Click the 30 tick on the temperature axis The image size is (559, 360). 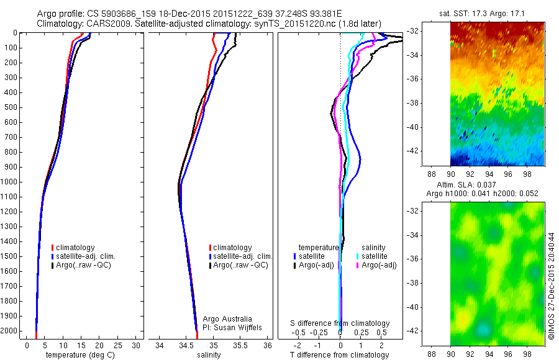[x=136, y=345]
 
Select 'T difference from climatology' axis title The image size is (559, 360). [x=340, y=355]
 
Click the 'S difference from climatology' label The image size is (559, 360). [x=340, y=323]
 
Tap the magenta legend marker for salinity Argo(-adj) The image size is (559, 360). [x=358, y=266]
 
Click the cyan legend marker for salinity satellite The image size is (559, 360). [x=358, y=256]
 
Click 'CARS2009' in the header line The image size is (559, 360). [x=101, y=23]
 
